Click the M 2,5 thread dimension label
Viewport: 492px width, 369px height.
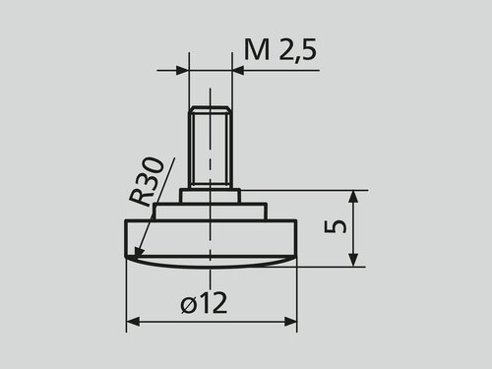coord(280,50)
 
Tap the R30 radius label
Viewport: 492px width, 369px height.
coord(146,181)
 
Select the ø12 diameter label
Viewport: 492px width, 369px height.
coord(204,303)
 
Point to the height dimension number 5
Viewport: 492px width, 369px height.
coord(335,227)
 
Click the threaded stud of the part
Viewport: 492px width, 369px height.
coord(210,149)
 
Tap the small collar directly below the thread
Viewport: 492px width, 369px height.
coord(210,196)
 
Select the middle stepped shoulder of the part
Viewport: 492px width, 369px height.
coord(210,212)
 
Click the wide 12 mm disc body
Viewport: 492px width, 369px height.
coord(211,238)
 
